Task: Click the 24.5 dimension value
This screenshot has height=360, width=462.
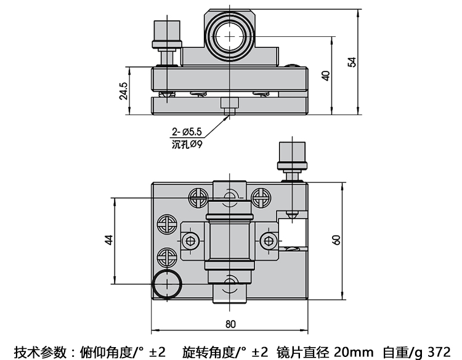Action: pos(124,90)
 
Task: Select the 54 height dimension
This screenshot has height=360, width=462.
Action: pos(352,62)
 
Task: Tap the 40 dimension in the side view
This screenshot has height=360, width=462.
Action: pos(326,75)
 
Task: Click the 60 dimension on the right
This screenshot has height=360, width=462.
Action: pos(336,239)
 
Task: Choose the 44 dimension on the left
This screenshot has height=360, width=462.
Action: pos(109,240)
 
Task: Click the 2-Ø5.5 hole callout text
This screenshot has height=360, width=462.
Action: pos(187,131)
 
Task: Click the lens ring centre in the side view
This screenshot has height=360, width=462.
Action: pos(230,36)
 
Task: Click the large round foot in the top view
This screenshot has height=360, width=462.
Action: pos(167,284)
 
